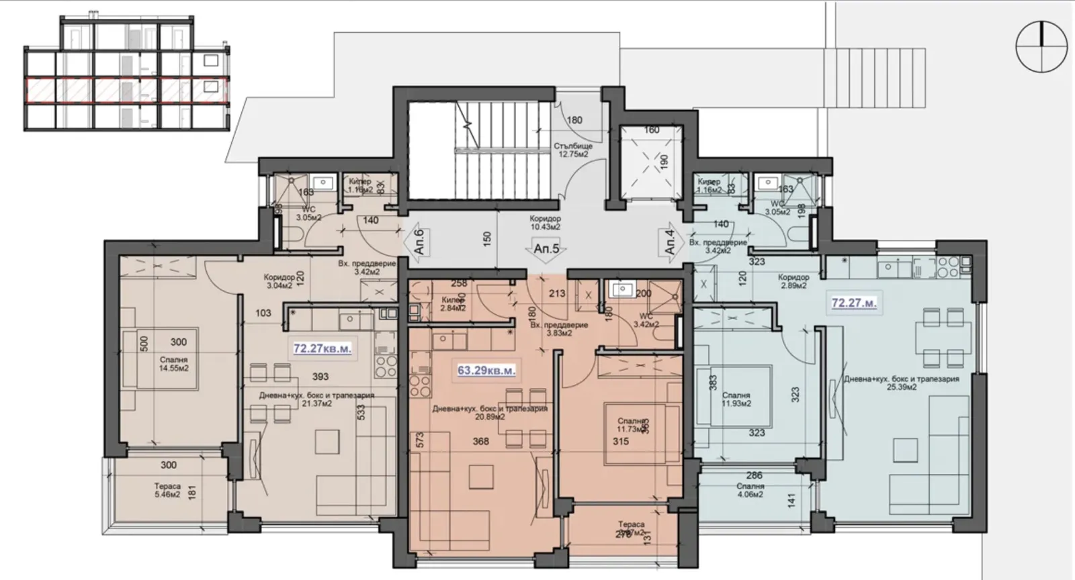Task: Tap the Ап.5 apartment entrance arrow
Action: click(546, 248)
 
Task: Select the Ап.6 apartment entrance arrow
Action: click(418, 241)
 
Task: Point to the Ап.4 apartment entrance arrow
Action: click(670, 241)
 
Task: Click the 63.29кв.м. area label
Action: click(486, 370)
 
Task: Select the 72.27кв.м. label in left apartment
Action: click(322, 348)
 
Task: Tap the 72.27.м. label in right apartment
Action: click(853, 303)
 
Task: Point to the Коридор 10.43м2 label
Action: click(545, 223)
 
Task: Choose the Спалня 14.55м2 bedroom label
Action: click(173, 364)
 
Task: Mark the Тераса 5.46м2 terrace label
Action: click(167, 490)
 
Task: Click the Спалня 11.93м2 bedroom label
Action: click(736, 399)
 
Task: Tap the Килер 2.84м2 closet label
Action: click(453, 304)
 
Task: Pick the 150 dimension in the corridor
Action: click(486, 238)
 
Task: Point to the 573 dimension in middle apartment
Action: click(420, 441)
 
